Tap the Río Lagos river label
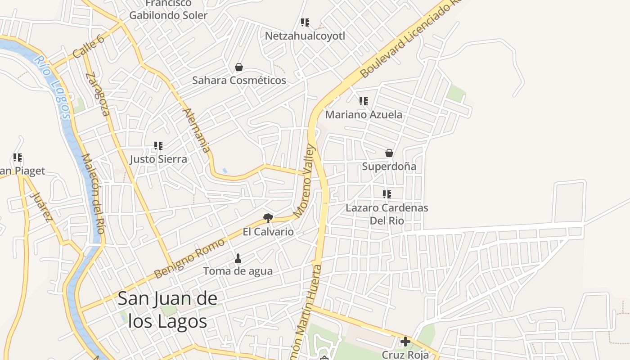[54, 87]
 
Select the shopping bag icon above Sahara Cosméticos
[239, 67]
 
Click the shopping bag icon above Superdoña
[389, 153]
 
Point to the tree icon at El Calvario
[268, 218]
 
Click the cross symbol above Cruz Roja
[405, 342]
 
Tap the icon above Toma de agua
[238, 258]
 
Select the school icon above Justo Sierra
[158, 145]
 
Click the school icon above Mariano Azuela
[363, 101]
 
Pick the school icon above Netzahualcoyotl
[305, 22]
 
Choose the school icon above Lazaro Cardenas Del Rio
[387, 194]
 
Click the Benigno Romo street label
[189, 258]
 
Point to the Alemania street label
[197, 130]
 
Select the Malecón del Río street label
[94, 193]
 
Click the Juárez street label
[40, 207]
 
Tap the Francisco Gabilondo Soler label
[168, 9]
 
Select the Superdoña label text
[389, 166]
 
